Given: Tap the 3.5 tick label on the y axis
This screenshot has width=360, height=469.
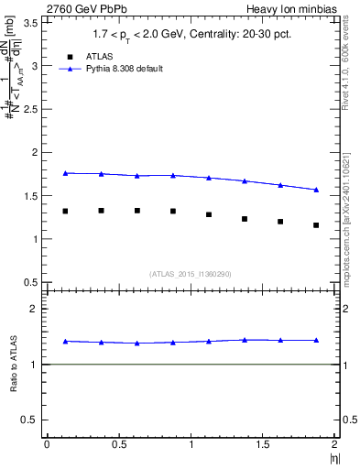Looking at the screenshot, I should pos(31,23).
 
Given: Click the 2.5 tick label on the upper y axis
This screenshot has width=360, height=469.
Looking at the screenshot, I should pos(31,109).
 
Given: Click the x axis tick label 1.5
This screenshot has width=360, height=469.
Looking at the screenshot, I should pos(263,443).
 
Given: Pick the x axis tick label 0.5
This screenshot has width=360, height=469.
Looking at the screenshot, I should pos(118,443).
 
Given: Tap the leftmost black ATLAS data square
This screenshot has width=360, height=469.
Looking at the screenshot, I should pos(65,211).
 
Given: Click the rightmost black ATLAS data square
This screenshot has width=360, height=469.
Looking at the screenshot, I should pos(316,225).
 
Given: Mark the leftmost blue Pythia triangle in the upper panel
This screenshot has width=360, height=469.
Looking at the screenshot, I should pos(65,173).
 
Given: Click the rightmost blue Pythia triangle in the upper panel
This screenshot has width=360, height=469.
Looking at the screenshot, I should pos(316,190).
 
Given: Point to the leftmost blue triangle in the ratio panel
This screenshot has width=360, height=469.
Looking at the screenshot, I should pos(65,342).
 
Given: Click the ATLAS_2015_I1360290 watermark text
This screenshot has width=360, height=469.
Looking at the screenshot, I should pos(190,274).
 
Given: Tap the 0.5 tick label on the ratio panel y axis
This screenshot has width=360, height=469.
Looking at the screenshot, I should pos(31,420).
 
